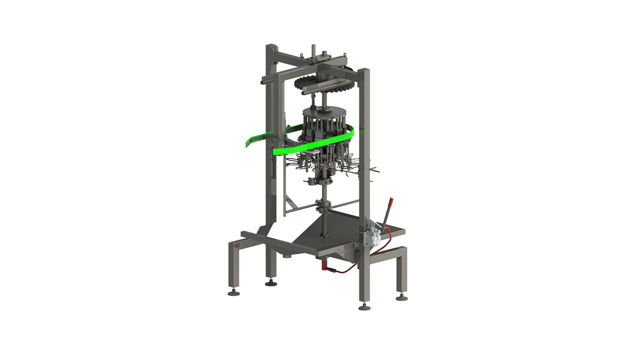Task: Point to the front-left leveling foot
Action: pyautogui.click(x=233, y=292)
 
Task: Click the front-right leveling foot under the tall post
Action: pyautogui.click(x=364, y=306)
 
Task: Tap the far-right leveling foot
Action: pyautogui.click(x=401, y=297)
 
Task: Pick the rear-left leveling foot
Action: pyautogui.click(x=271, y=283)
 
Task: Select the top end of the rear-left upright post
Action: pyautogui.click(x=271, y=46)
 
